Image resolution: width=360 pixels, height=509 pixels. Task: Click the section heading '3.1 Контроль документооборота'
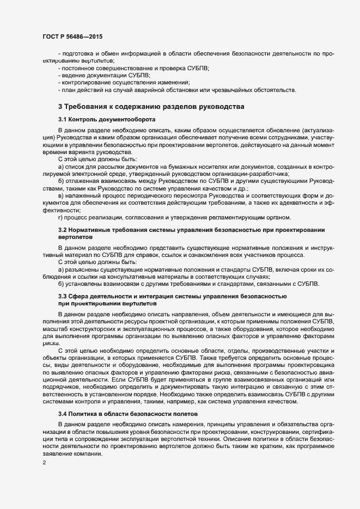click(x=107, y=119)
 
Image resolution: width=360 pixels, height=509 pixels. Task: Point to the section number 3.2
click(x=62, y=230)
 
